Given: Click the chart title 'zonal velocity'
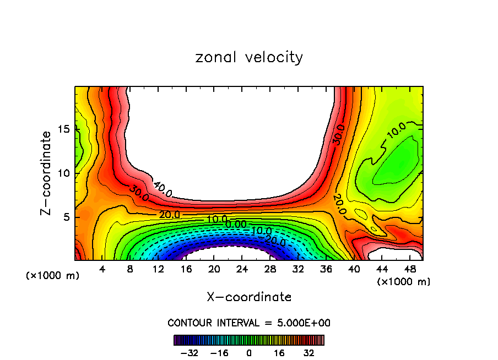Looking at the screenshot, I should click(x=249, y=57).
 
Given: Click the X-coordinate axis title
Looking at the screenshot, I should click(x=249, y=297).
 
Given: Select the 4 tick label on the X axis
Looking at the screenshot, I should click(x=102, y=269).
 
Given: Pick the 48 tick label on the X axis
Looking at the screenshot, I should click(x=409, y=269).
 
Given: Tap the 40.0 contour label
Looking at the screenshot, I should click(x=163, y=189).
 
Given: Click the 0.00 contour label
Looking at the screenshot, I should click(x=236, y=224).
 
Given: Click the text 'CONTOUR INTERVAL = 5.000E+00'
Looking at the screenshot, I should click(x=249, y=323).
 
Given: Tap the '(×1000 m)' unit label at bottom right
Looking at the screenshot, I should click(x=404, y=282).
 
